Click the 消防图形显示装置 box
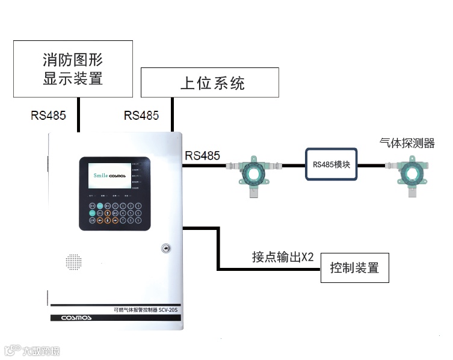click(73, 69)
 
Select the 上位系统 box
click(209, 82)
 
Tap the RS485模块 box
click(331, 164)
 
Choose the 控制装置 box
click(354, 268)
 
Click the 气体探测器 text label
click(407, 143)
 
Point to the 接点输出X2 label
click(283, 257)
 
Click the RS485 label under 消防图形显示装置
click(48, 115)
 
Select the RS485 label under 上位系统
click(141, 115)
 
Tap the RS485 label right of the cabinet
click(202, 155)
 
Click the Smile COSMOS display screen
click(110, 175)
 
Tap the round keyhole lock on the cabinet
click(165, 247)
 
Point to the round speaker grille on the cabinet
click(73, 262)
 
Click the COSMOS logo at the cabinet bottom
click(76, 317)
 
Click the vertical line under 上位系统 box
click(172, 114)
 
